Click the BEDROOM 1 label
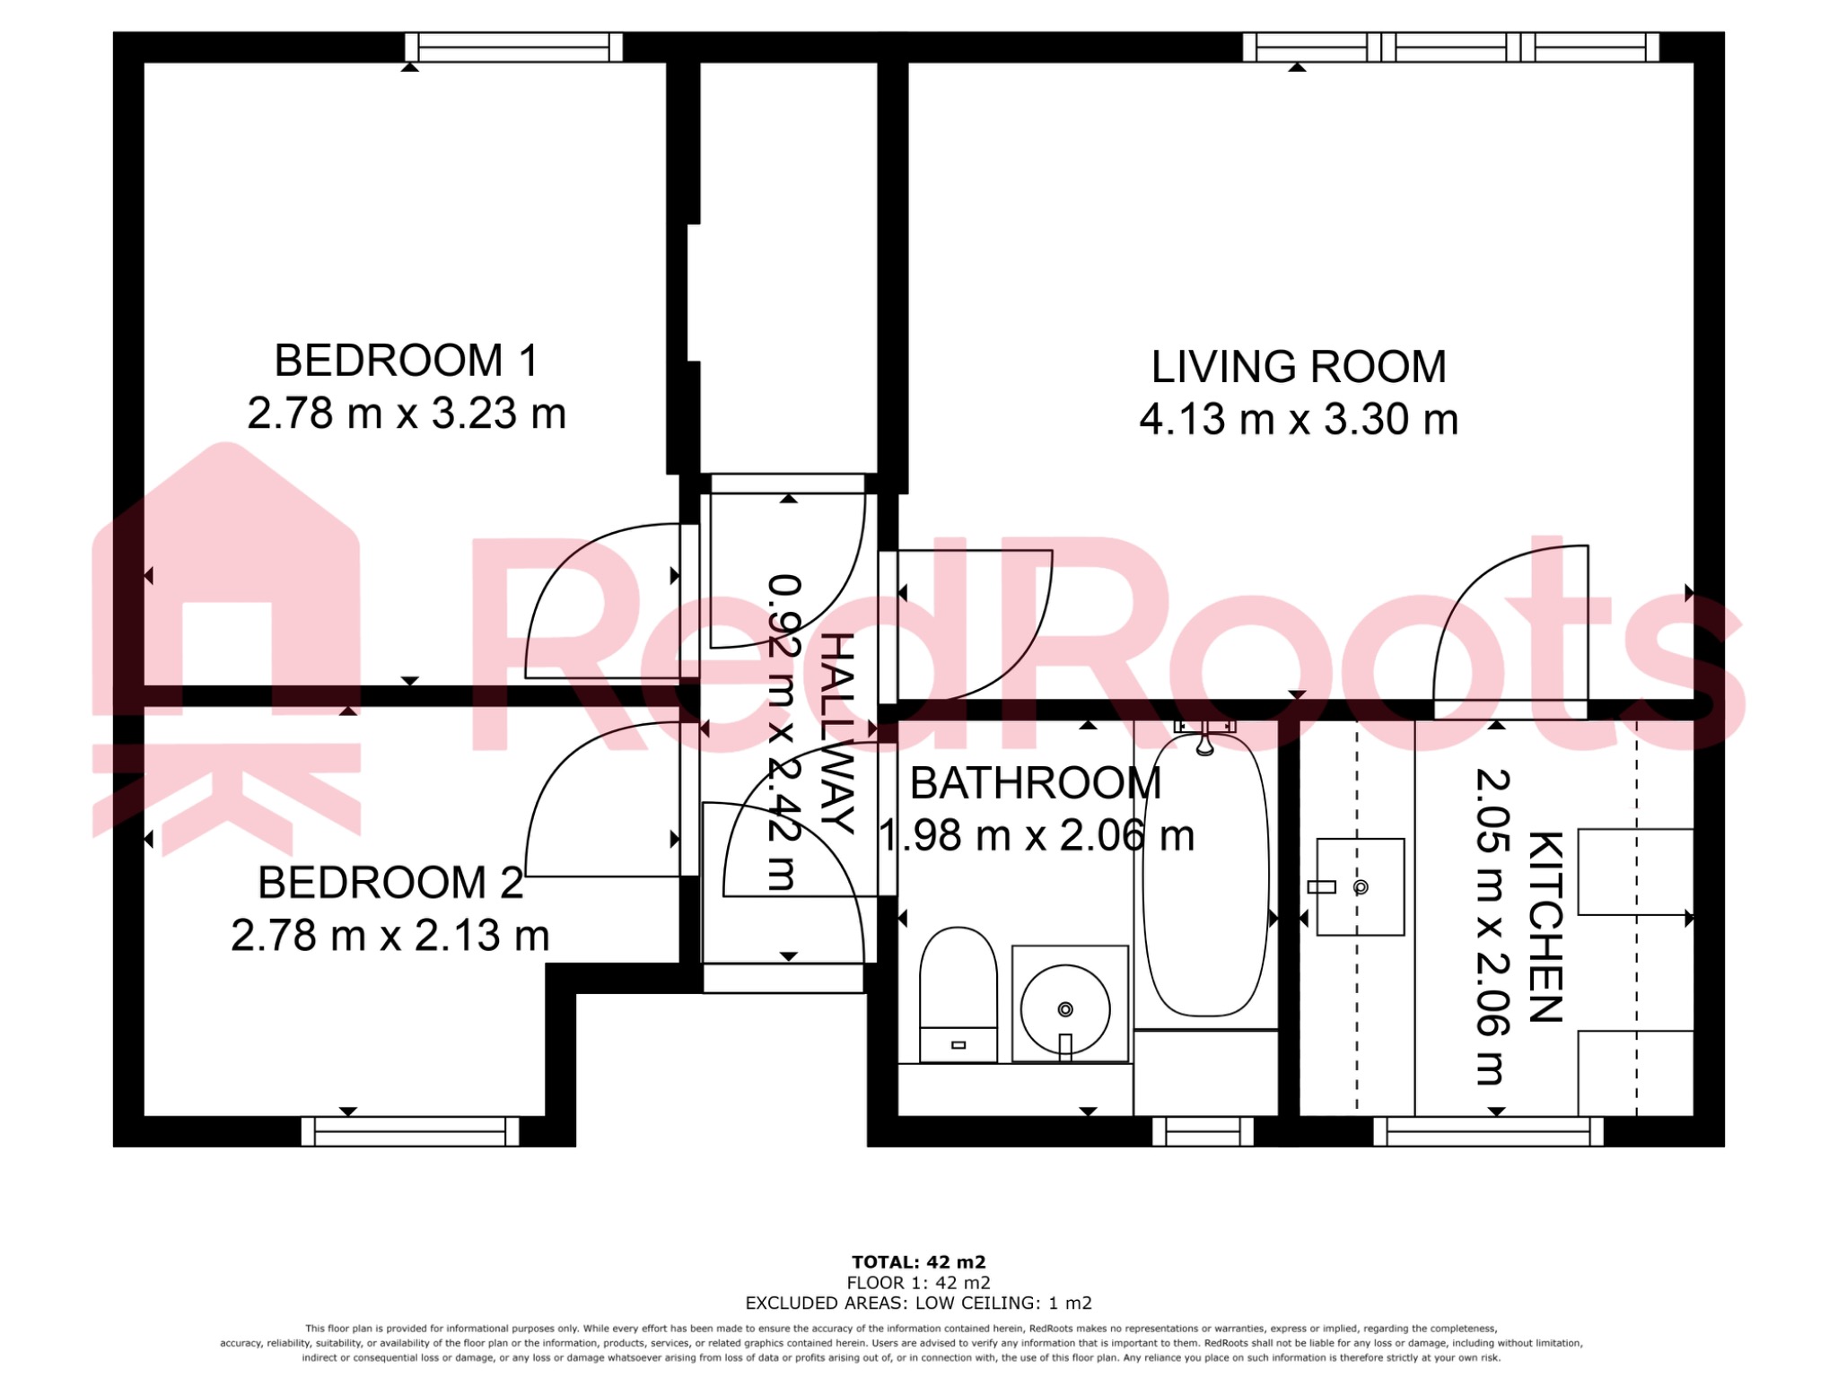[406, 361]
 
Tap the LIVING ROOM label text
[1298, 367]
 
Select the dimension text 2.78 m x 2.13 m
[389, 936]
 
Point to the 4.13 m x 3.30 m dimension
[1298, 420]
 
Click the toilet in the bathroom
[958, 994]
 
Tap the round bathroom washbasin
[1065, 1009]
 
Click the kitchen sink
[1360, 886]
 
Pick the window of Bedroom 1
[513, 47]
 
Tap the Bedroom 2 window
[410, 1131]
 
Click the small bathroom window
[1202, 1131]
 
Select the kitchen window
[1488, 1131]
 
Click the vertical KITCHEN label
[1545, 926]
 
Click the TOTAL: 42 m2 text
[918, 1262]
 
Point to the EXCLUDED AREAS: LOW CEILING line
[918, 1303]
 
